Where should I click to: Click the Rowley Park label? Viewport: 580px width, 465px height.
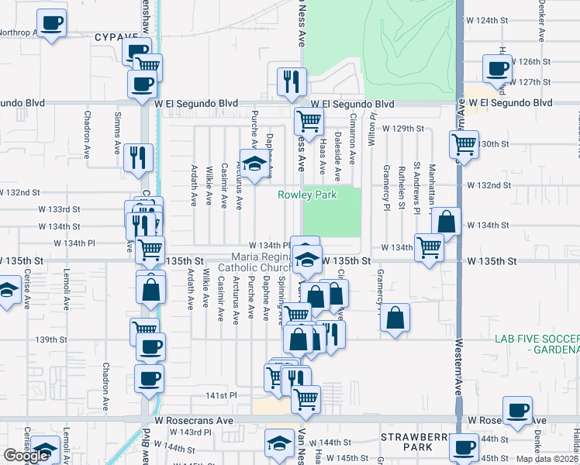click(x=308, y=195)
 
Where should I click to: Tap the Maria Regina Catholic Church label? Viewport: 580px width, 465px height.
click(x=260, y=262)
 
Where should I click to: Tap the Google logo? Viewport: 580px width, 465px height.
click(x=26, y=456)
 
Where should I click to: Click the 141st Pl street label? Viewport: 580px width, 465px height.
click(x=220, y=395)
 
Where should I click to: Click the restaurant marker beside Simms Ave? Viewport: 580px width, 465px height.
click(x=138, y=157)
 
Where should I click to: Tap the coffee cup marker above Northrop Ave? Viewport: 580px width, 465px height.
click(x=51, y=22)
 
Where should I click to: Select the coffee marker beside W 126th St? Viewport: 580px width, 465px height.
click(x=496, y=68)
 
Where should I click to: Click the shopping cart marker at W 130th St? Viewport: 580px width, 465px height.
click(x=464, y=143)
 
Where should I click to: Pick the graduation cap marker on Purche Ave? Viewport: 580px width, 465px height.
click(x=253, y=163)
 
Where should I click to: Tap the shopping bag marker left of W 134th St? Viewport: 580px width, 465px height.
click(x=447, y=222)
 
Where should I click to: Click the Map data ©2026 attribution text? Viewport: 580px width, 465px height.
click(x=547, y=459)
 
